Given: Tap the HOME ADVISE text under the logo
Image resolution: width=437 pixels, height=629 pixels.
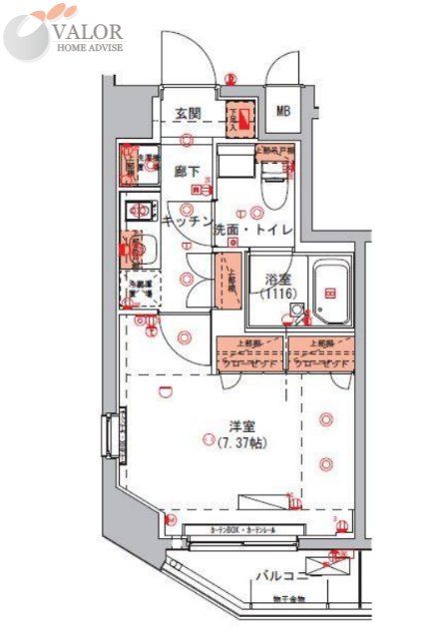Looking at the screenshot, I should point(90,47).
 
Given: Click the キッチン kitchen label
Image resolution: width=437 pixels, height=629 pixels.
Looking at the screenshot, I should point(186,223).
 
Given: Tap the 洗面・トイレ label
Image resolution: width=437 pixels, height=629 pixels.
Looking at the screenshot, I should point(252,231).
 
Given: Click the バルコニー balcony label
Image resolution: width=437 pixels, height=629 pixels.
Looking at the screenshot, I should point(277,576).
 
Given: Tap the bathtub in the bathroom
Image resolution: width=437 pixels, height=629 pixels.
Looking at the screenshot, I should point(329,293).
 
